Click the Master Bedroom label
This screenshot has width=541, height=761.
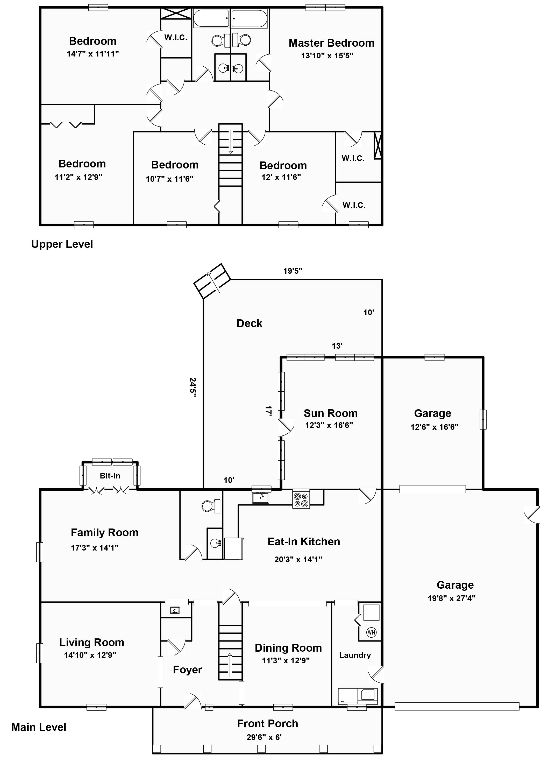click(331, 43)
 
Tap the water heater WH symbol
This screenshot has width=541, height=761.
click(371, 632)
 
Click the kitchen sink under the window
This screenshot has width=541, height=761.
click(260, 498)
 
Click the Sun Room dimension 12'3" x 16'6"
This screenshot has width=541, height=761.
click(329, 425)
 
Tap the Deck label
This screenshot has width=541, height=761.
click(250, 323)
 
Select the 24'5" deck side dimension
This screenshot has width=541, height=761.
click(193, 387)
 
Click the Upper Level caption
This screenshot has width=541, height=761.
click(62, 244)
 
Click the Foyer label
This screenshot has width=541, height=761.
click(187, 670)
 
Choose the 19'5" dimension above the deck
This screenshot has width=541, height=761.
click(293, 271)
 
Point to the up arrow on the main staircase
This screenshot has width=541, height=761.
click(230, 665)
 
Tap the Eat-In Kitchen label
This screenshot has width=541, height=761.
click(304, 542)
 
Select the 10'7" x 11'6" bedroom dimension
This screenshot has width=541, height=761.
click(169, 179)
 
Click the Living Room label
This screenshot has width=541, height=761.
click(92, 642)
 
